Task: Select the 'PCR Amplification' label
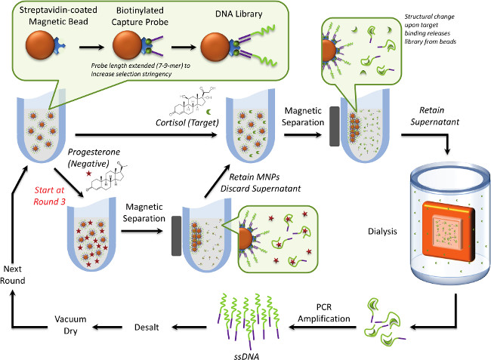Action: (326, 312)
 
